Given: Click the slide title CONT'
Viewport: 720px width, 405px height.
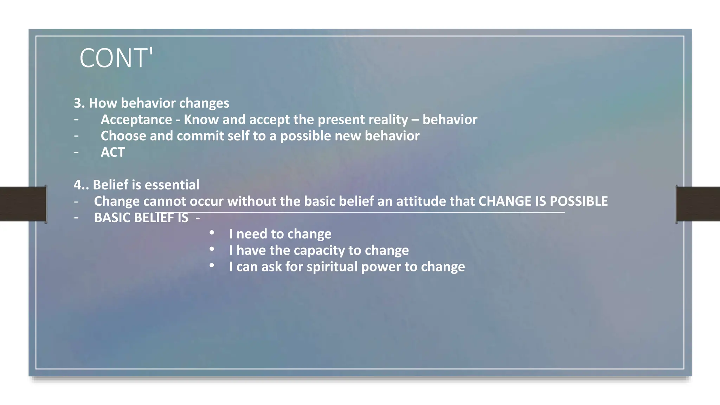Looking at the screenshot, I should (116, 58).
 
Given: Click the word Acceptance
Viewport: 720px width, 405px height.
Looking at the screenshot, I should (136, 120).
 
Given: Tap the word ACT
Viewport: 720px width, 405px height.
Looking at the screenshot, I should (112, 153).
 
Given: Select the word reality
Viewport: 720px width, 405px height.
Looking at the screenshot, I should (388, 120).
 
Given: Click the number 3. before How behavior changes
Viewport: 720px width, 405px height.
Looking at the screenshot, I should (79, 103).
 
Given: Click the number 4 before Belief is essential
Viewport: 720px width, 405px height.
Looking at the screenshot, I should (77, 185).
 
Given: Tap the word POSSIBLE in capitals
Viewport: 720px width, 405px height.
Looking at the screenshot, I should (578, 201).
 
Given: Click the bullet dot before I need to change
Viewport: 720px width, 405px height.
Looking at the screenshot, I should (212, 233).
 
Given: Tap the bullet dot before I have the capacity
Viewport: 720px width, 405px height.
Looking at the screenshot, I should (212, 249).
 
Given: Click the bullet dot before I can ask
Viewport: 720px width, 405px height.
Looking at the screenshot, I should (212, 265).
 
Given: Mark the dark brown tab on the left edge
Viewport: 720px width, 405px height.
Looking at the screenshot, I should (23, 204).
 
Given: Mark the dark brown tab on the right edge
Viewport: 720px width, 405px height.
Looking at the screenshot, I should (698, 204).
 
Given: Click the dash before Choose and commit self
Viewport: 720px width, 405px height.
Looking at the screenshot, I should (76, 136).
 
